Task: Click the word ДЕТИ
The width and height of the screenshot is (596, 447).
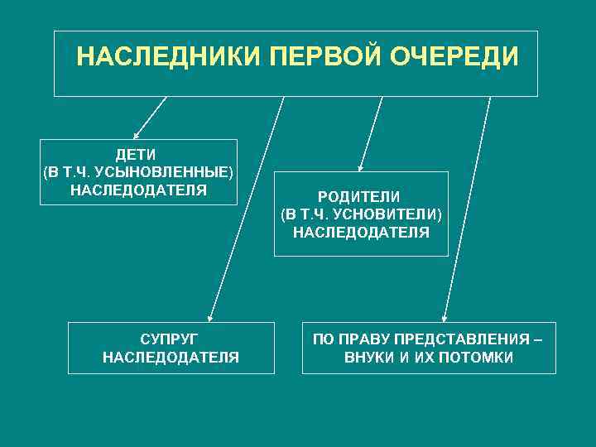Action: [137, 155]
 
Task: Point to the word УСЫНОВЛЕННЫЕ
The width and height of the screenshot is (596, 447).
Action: [166, 173]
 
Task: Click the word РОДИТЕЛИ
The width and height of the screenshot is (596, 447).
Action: [361, 196]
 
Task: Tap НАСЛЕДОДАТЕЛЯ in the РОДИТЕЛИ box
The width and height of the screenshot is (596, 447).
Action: [361, 233]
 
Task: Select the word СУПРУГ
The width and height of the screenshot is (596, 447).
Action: [171, 339]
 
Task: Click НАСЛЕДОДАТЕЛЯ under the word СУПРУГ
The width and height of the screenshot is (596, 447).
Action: [171, 358]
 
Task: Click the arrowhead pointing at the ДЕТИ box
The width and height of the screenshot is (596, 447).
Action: [137, 134]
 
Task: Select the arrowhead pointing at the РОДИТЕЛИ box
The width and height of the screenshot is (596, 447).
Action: [359, 167]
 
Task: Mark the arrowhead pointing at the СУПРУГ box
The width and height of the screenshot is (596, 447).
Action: [210, 317]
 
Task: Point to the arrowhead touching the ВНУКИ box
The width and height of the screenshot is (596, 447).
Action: [445, 317]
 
